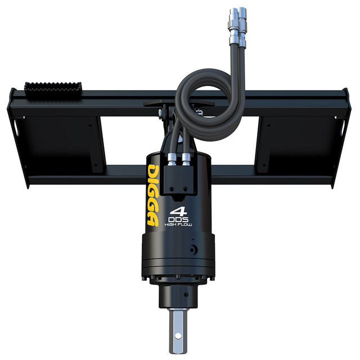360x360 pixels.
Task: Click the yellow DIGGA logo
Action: [x=153, y=195]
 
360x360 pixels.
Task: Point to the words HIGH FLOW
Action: [x=178, y=225]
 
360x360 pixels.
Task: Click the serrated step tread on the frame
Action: [x=53, y=90]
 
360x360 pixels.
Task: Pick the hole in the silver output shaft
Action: [x=178, y=336]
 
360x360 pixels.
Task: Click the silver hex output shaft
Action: [x=178, y=331]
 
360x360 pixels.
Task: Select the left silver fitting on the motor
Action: [x=172, y=159]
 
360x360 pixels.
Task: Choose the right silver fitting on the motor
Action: [x=186, y=159]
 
